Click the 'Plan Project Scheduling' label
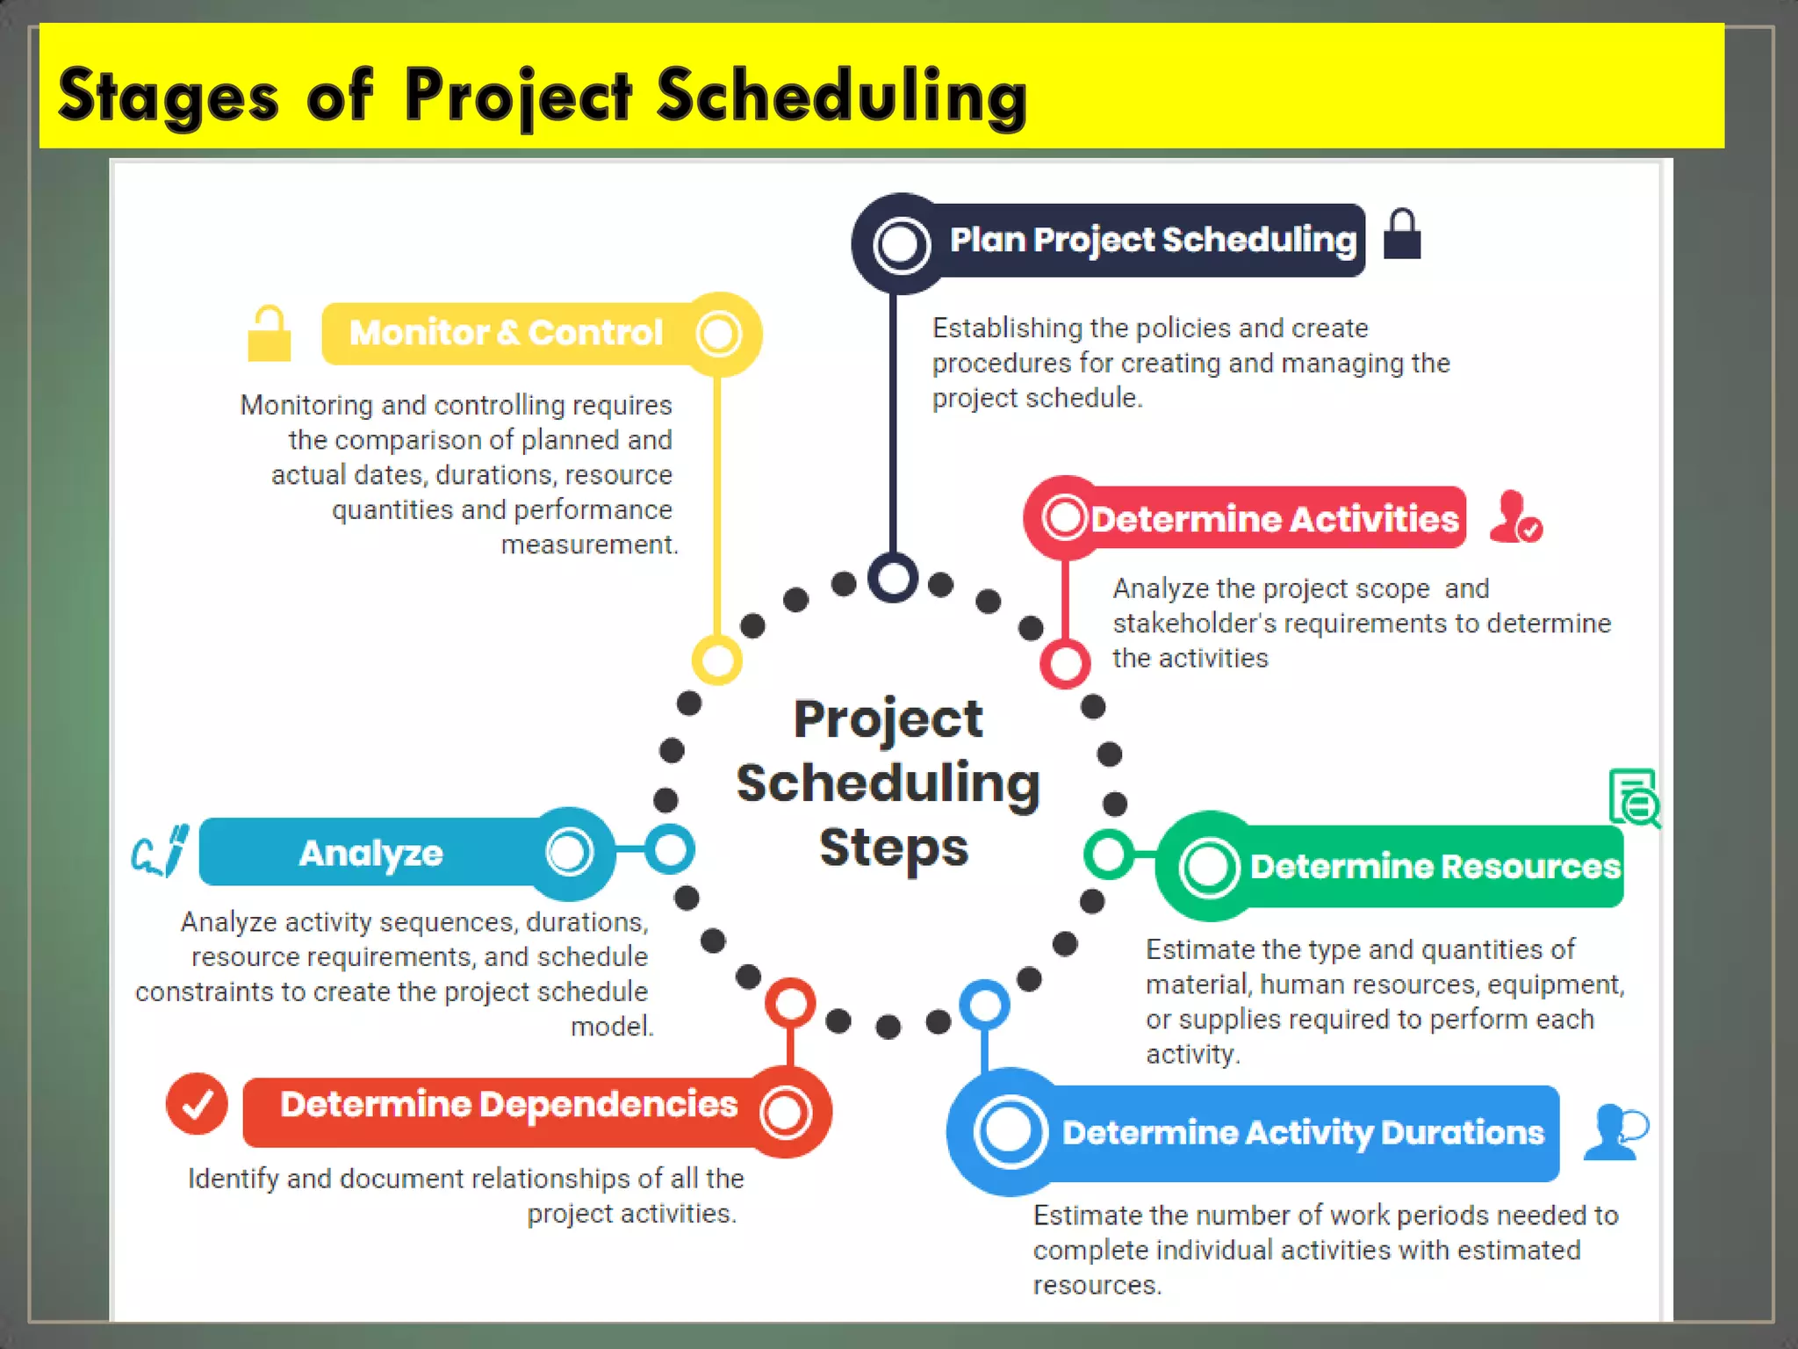[1152, 240]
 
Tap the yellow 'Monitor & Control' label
[506, 333]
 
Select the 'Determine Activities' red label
[1273, 519]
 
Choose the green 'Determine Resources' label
[1434, 867]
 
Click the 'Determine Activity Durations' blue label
[1302, 1133]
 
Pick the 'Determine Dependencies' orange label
[508, 1105]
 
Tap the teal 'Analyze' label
[371, 853]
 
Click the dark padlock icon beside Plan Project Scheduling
[1401, 235]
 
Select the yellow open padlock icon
[269, 335]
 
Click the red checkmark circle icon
[197, 1104]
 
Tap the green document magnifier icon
[1634, 797]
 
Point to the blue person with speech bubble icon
[1615, 1132]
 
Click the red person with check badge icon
[1515, 517]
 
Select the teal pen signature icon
[161, 850]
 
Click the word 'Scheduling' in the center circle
[888, 783]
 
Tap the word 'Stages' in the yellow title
[168, 96]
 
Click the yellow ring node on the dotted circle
[717, 660]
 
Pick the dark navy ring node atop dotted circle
[893, 578]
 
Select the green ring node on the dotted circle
[1109, 854]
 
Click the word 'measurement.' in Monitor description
[589, 545]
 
